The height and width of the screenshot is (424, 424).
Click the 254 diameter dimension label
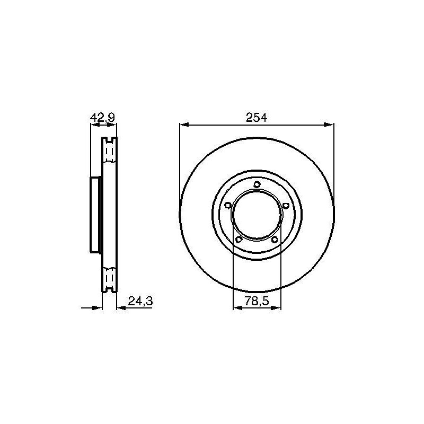(x=257, y=118)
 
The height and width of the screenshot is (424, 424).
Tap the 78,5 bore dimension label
(x=257, y=301)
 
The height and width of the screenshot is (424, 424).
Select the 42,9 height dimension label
(x=102, y=118)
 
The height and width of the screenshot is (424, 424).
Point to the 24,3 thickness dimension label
(x=140, y=301)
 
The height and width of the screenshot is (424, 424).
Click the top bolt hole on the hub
(x=257, y=184)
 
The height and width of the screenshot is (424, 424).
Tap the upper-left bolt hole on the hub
(x=228, y=205)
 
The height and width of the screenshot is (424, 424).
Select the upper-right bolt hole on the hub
(x=286, y=206)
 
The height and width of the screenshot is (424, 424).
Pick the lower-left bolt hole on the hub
(x=239, y=240)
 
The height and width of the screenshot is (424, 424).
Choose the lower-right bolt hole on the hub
(x=275, y=240)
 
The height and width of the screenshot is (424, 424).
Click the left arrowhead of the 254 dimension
(x=184, y=125)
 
